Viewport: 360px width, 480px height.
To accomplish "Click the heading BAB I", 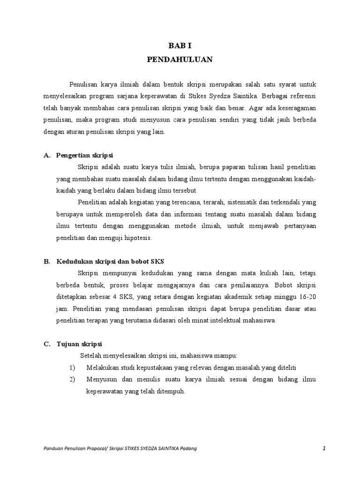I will (x=180, y=45).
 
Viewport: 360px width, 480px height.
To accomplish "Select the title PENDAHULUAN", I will (x=180, y=60).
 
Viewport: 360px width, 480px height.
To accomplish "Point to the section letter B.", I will (x=47, y=261).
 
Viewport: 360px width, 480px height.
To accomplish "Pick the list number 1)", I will (x=72, y=367).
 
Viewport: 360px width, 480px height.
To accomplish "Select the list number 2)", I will (x=72, y=379).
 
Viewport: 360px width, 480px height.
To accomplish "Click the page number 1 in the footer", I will (x=324, y=448).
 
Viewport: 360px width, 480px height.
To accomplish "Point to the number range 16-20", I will (x=307, y=297).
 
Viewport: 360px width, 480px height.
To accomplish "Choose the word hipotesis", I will (x=135, y=238).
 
